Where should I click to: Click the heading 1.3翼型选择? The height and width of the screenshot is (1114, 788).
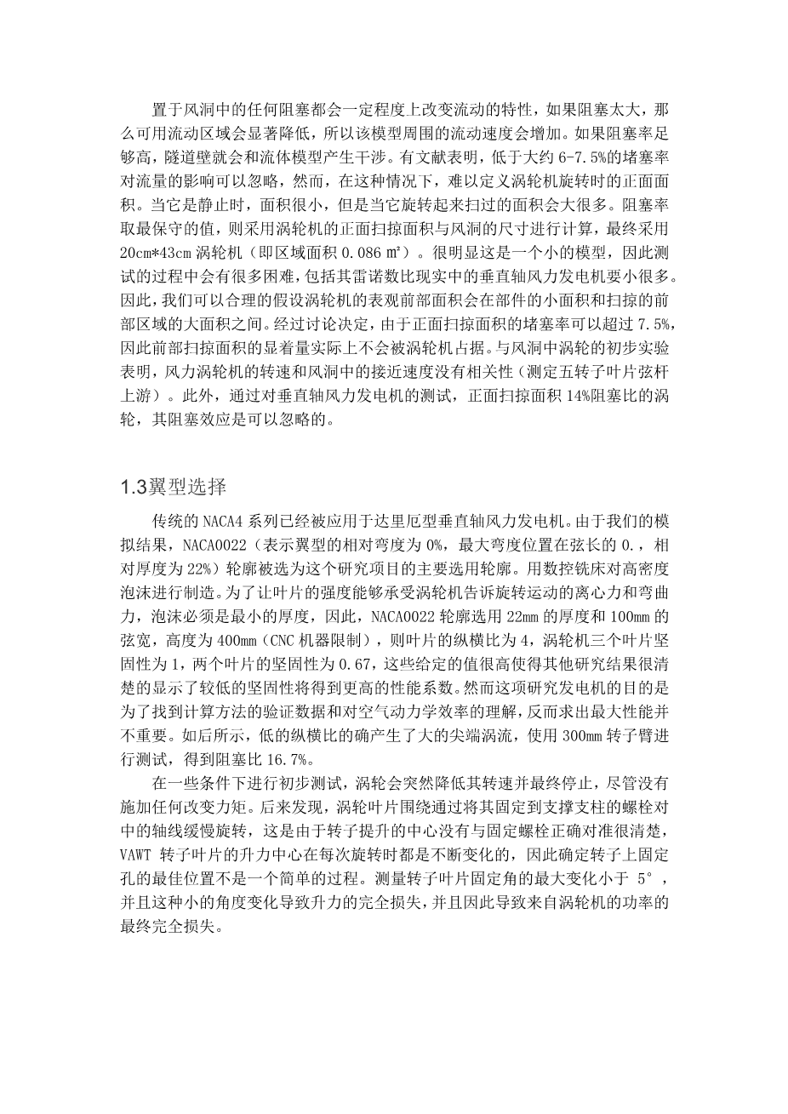coord(174,488)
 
